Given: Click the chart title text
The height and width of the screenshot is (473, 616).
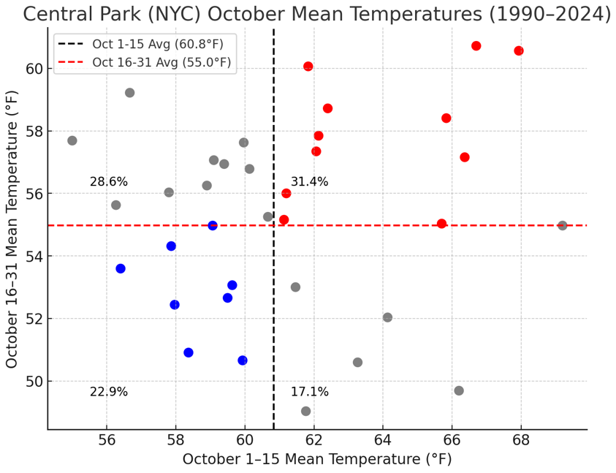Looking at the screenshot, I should [316, 14].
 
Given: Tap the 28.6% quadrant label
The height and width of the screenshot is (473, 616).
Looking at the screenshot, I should [109, 182].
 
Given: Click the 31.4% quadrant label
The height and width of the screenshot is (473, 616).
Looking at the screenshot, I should [310, 182].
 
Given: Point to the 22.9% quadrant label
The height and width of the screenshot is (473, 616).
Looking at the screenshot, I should [109, 392].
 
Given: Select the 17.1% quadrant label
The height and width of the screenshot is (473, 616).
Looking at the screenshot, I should [310, 392].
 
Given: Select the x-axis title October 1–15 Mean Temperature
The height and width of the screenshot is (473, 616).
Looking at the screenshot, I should [317, 460].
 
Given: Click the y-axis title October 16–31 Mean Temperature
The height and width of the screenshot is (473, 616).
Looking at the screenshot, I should [12, 230].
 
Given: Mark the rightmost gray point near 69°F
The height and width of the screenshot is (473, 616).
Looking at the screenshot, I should [563, 225].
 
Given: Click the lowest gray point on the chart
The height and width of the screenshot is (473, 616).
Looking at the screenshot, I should [305, 411].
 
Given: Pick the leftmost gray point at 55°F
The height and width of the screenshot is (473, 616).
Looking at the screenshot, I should [72, 140].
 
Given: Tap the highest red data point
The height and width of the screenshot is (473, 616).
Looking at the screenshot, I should [476, 46].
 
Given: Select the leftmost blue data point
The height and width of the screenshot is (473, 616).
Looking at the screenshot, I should [121, 268].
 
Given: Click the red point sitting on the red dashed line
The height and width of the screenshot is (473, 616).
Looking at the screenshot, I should [441, 224].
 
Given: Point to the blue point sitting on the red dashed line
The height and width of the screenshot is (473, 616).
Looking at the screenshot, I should [213, 225].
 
